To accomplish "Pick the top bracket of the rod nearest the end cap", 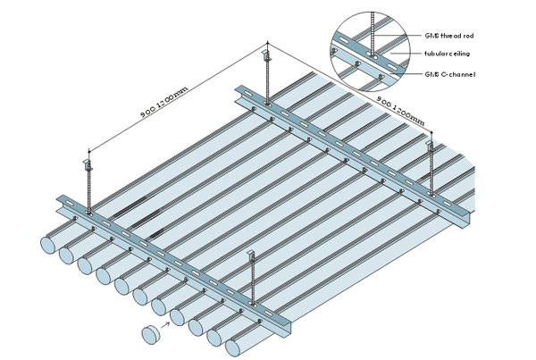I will pyautogui.click(x=252, y=257).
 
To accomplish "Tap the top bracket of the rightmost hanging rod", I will pyautogui.click(x=430, y=143).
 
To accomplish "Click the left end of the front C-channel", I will pyautogui.click(x=61, y=202).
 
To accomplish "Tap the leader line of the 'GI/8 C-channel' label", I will pyautogui.click(x=404, y=71).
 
